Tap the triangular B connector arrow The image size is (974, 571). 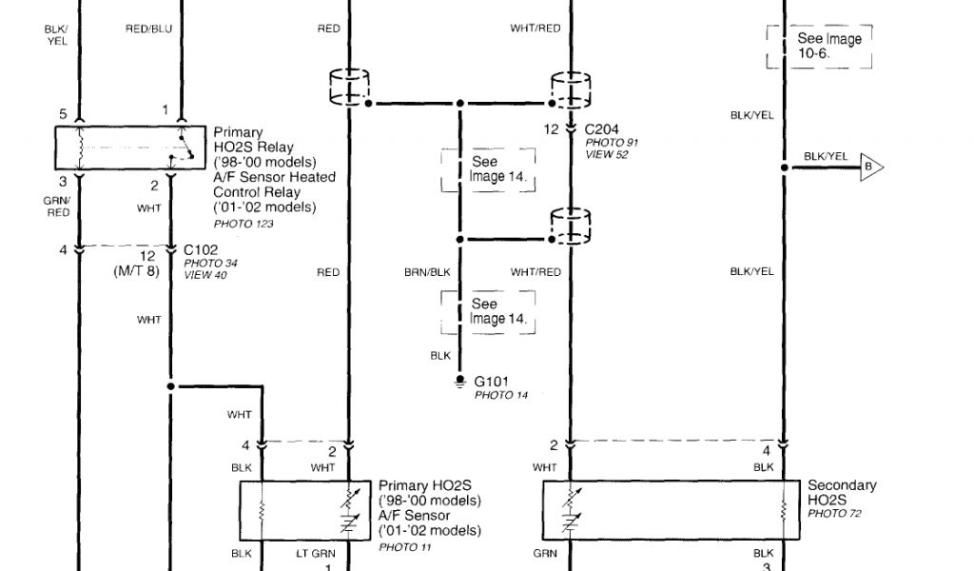[x=869, y=168]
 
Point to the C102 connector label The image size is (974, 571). [x=203, y=251]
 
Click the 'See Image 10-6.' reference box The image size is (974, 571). [x=820, y=46]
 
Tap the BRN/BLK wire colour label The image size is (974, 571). [x=427, y=272]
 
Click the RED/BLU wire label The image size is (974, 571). [x=148, y=29]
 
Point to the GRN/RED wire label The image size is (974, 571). [x=58, y=207]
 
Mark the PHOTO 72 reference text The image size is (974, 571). [x=834, y=514]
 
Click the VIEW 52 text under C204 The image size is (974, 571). [x=606, y=154]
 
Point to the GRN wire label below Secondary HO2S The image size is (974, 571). [x=544, y=552]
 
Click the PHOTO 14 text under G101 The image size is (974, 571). [x=500, y=395]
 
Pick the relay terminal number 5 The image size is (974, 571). [x=63, y=114]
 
